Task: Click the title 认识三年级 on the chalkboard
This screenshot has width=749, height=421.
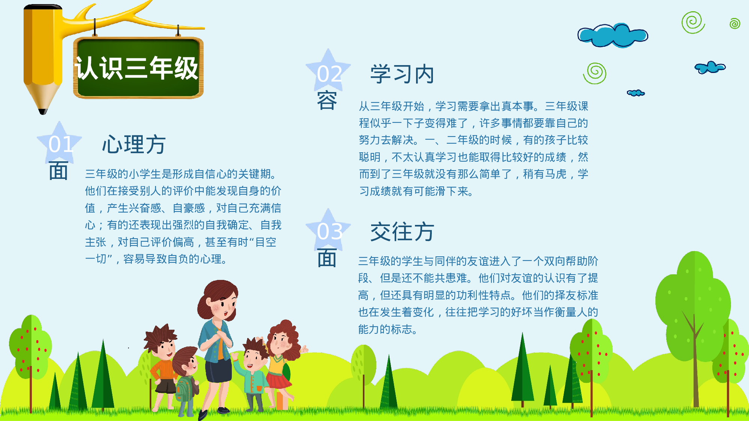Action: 137,68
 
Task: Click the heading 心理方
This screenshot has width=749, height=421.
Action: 134,144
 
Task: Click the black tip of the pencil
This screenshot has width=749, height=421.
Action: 43,111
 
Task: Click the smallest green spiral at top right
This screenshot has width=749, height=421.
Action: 735,24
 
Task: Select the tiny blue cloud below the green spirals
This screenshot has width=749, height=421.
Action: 636,93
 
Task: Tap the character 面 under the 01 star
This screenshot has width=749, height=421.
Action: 58,171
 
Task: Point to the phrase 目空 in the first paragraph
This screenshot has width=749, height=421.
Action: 266,242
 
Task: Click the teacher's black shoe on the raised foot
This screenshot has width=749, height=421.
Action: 203,414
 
